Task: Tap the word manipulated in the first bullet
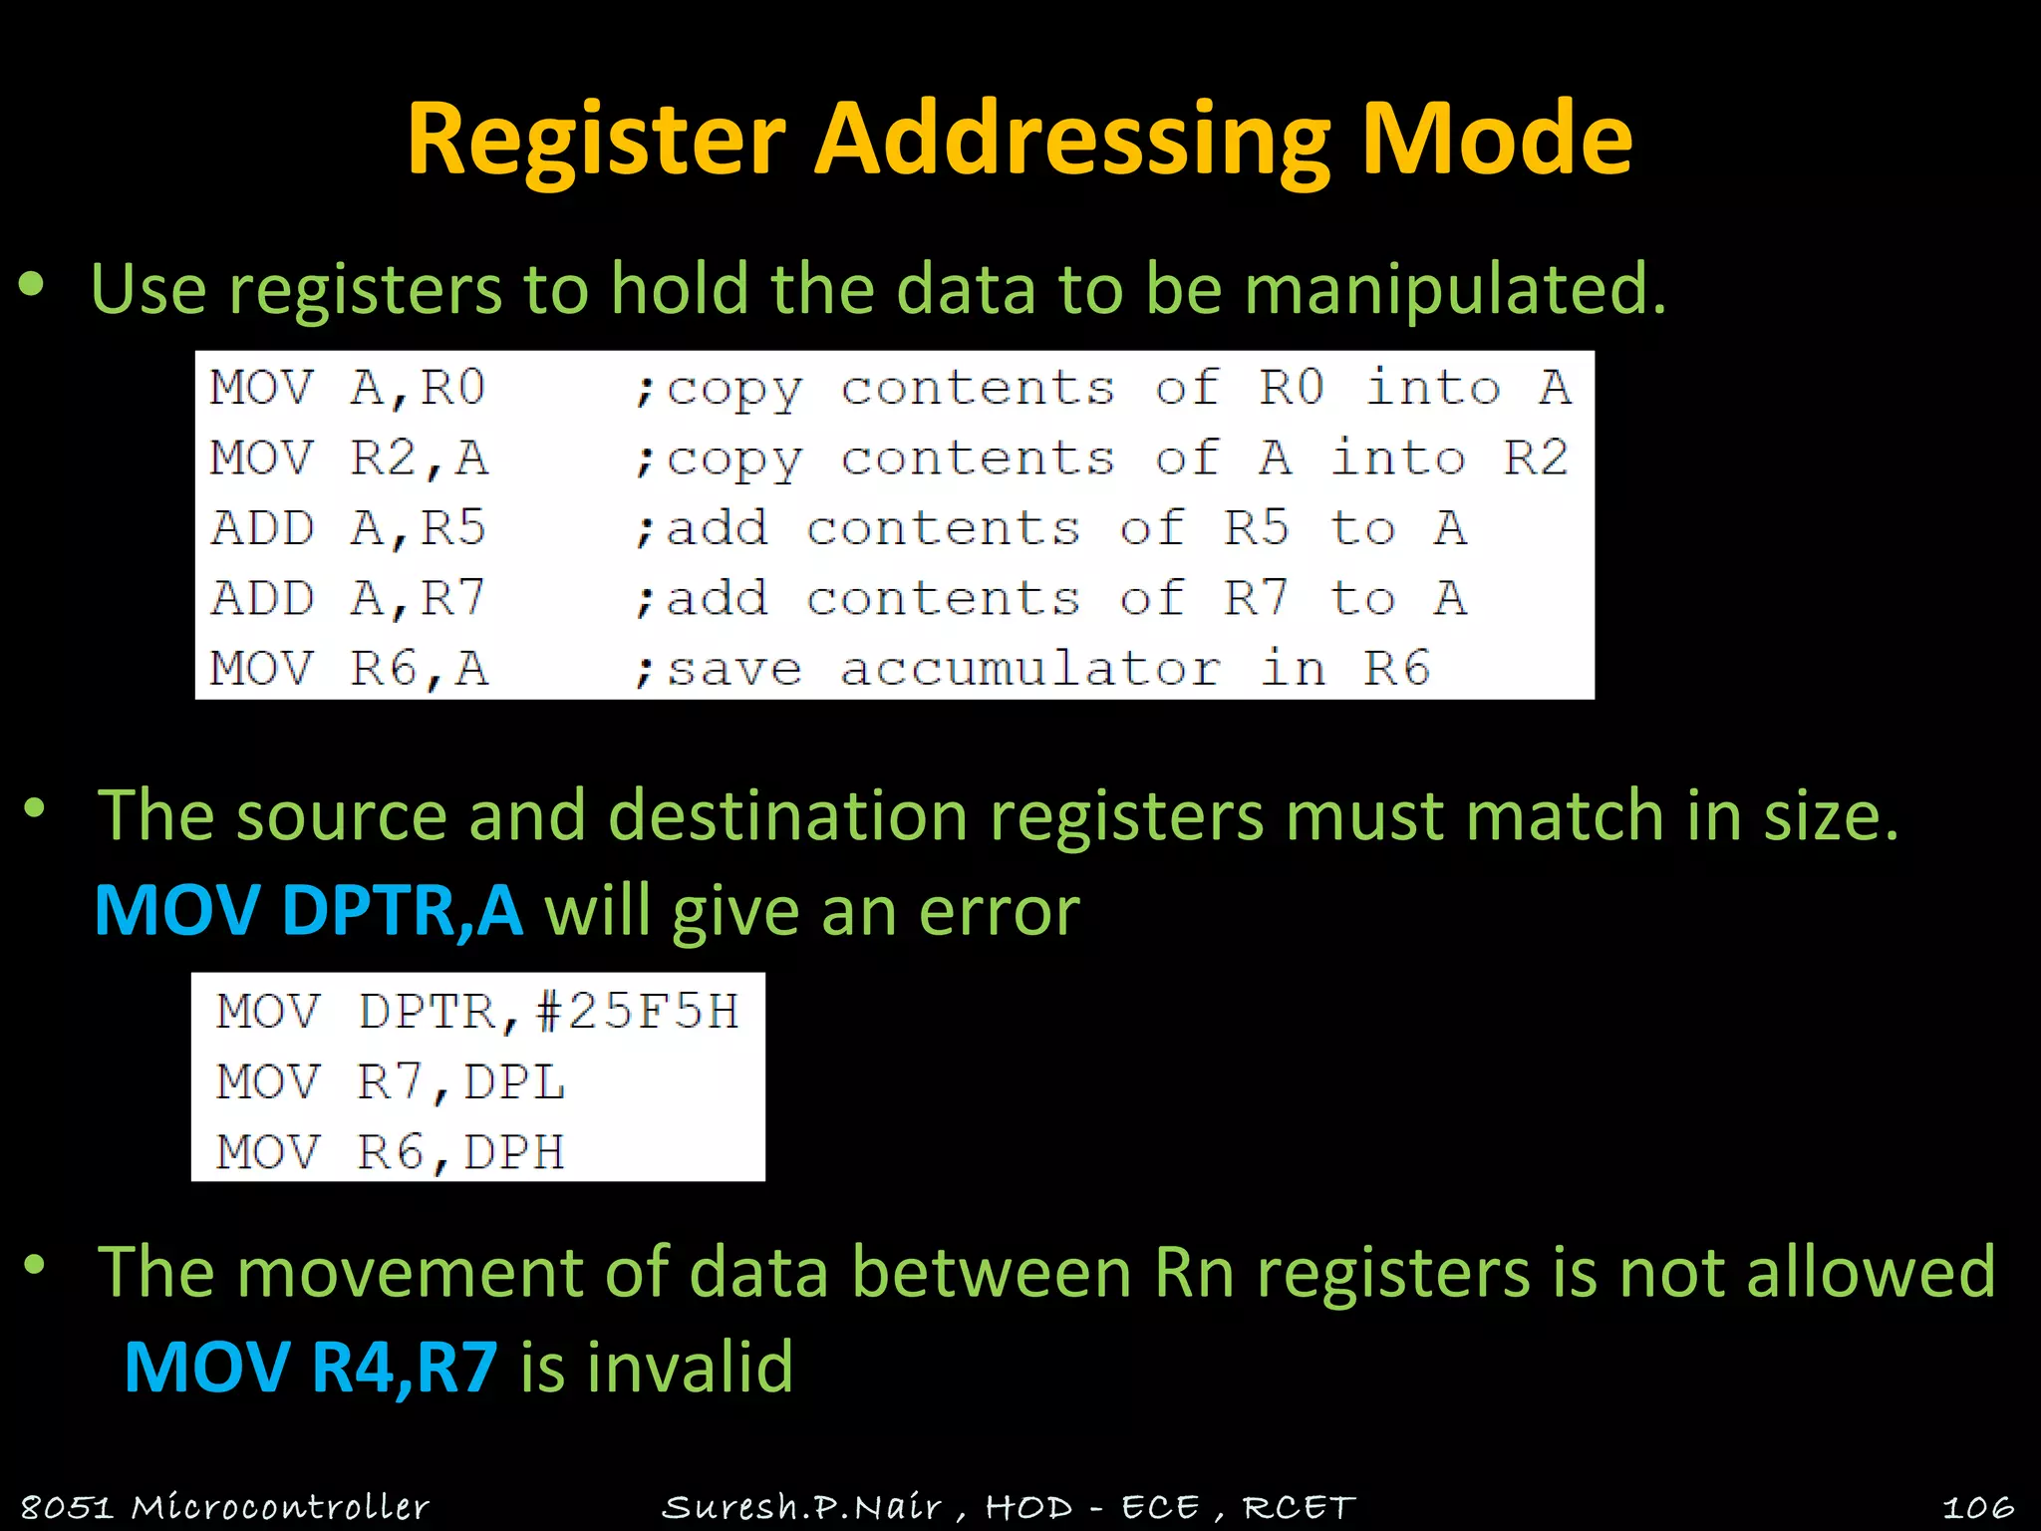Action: pyautogui.click(x=1455, y=290)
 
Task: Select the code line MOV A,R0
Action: pyautogui.click(x=348, y=388)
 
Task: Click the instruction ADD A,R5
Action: pyautogui.click(x=348, y=528)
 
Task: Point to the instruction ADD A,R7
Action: pyautogui.click(x=348, y=599)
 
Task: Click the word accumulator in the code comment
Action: pyautogui.click(x=1030, y=669)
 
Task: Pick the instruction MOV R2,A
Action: pyautogui.click(x=348, y=459)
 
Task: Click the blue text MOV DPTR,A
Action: pyautogui.click(x=308, y=911)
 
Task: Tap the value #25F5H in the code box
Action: pyautogui.click(x=638, y=1012)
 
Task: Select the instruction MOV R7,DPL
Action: pyautogui.click(x=391, y=1082)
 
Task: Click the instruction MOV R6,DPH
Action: pyautogui.click(x=391, y=1153)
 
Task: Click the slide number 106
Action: pyautogui.click(x=1977, y=1507)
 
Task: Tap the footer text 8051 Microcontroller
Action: pyautogui.click(x=224, y=1507)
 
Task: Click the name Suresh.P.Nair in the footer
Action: pyautogui.click(x=801, y=1507)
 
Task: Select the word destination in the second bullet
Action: pyautogui.click(x=787, y=816)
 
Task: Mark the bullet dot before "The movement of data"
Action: pyautogui.click(x=35, y=1267)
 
